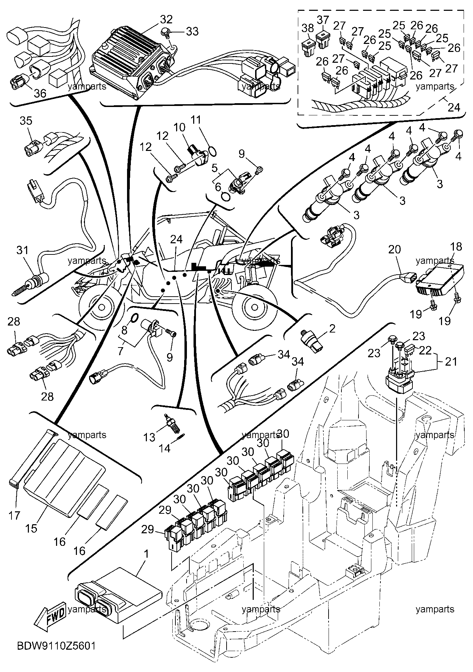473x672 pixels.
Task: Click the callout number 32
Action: [167, 20]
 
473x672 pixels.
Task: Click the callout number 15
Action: [31, 528]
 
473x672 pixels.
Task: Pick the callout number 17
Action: [14, 515]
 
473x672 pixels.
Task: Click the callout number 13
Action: [149, 437]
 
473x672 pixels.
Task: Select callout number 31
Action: [23, 250]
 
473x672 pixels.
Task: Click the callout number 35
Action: [26, 121]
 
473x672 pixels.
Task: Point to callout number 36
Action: [40, 93]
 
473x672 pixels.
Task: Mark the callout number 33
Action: [192, 31]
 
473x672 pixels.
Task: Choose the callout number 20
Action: [395, 250]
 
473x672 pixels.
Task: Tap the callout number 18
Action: [456, 247]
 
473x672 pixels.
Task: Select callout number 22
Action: [426, 350]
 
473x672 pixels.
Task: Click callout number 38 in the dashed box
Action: [308, 28]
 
